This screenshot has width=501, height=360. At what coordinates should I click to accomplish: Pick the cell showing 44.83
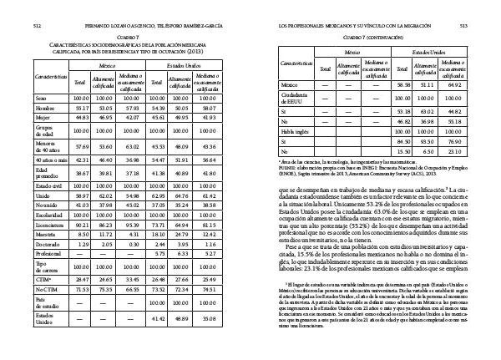click(81, 119)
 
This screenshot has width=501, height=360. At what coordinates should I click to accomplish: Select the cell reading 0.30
click(129, 242)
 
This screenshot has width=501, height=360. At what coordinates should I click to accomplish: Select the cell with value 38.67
click(81, 172)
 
